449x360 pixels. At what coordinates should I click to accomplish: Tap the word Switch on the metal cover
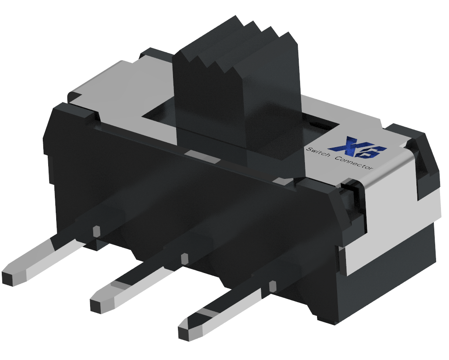point(318,153)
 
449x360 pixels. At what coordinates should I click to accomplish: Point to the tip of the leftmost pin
point(10,277)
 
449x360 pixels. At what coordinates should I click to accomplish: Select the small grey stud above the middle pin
point(184,258)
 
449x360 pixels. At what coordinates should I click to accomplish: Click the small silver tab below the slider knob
point(203,156)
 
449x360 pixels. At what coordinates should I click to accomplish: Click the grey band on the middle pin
point(119,284)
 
